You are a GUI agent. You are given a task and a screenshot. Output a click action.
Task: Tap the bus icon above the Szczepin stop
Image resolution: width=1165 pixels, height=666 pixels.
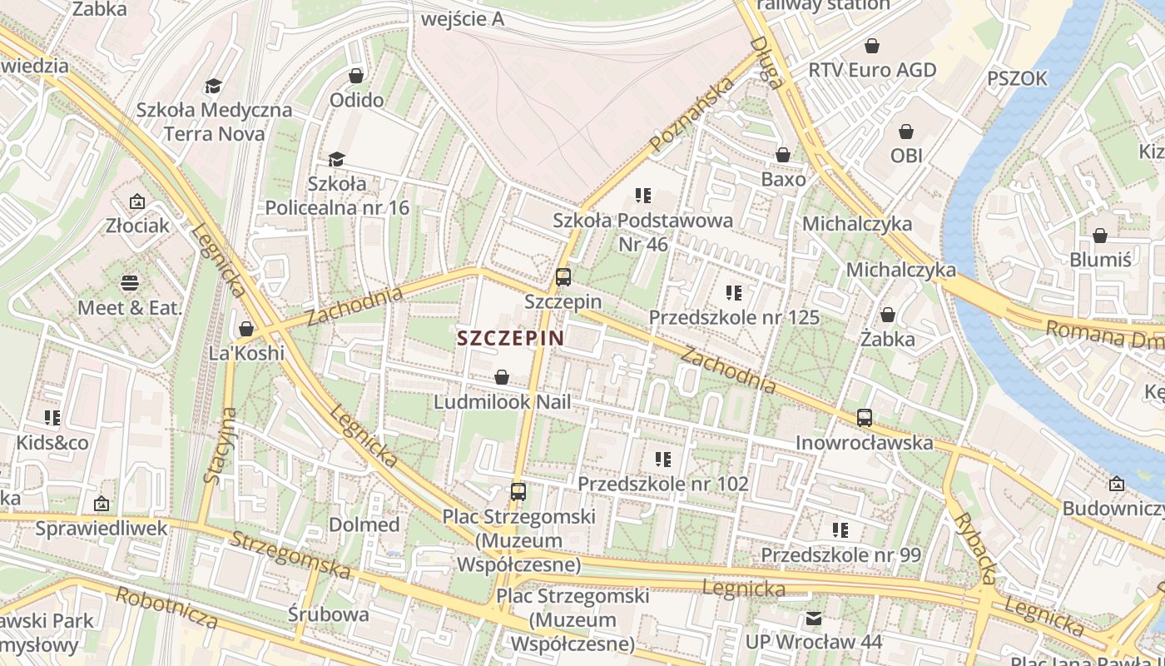pos(563,277)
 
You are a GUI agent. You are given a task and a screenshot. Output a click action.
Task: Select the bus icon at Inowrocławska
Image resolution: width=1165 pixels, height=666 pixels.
pos(865,418)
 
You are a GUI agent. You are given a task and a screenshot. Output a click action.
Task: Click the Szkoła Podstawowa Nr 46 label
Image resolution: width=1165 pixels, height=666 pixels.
pos(643,232)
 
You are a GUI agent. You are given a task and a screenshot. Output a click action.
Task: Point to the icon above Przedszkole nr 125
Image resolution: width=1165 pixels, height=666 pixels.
pos(733,293)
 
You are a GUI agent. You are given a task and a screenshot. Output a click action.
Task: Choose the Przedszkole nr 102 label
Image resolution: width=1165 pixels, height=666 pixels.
pos(663,484)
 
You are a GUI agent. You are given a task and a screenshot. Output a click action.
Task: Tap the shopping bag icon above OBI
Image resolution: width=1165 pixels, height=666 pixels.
pos(906,132)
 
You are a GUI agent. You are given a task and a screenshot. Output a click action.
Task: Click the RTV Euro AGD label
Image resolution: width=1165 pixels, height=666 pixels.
pos(872,70)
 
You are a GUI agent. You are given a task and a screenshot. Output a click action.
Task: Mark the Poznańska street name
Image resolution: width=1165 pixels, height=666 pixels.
pos(692,115)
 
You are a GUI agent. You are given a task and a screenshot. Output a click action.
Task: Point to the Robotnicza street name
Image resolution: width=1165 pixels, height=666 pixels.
pos(166,609)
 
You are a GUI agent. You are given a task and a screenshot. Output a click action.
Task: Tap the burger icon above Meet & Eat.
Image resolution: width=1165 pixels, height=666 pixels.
pos(130,283)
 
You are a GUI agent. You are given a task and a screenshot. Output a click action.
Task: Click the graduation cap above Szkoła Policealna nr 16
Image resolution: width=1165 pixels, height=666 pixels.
pos(336,159)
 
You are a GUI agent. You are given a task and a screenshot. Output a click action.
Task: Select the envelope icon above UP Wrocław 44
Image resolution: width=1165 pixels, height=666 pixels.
pos(813,619)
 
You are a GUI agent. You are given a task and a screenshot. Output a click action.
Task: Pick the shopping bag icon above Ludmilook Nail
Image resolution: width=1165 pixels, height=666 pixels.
pos(502,378)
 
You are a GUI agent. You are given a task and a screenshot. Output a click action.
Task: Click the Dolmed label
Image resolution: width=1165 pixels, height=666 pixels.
pos(364,524)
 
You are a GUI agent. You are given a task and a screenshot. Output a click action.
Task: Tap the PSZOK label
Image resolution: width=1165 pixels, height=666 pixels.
pos(1017,79)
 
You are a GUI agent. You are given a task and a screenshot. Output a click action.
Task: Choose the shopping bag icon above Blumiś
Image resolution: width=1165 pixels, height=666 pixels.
pos(1100,236)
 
